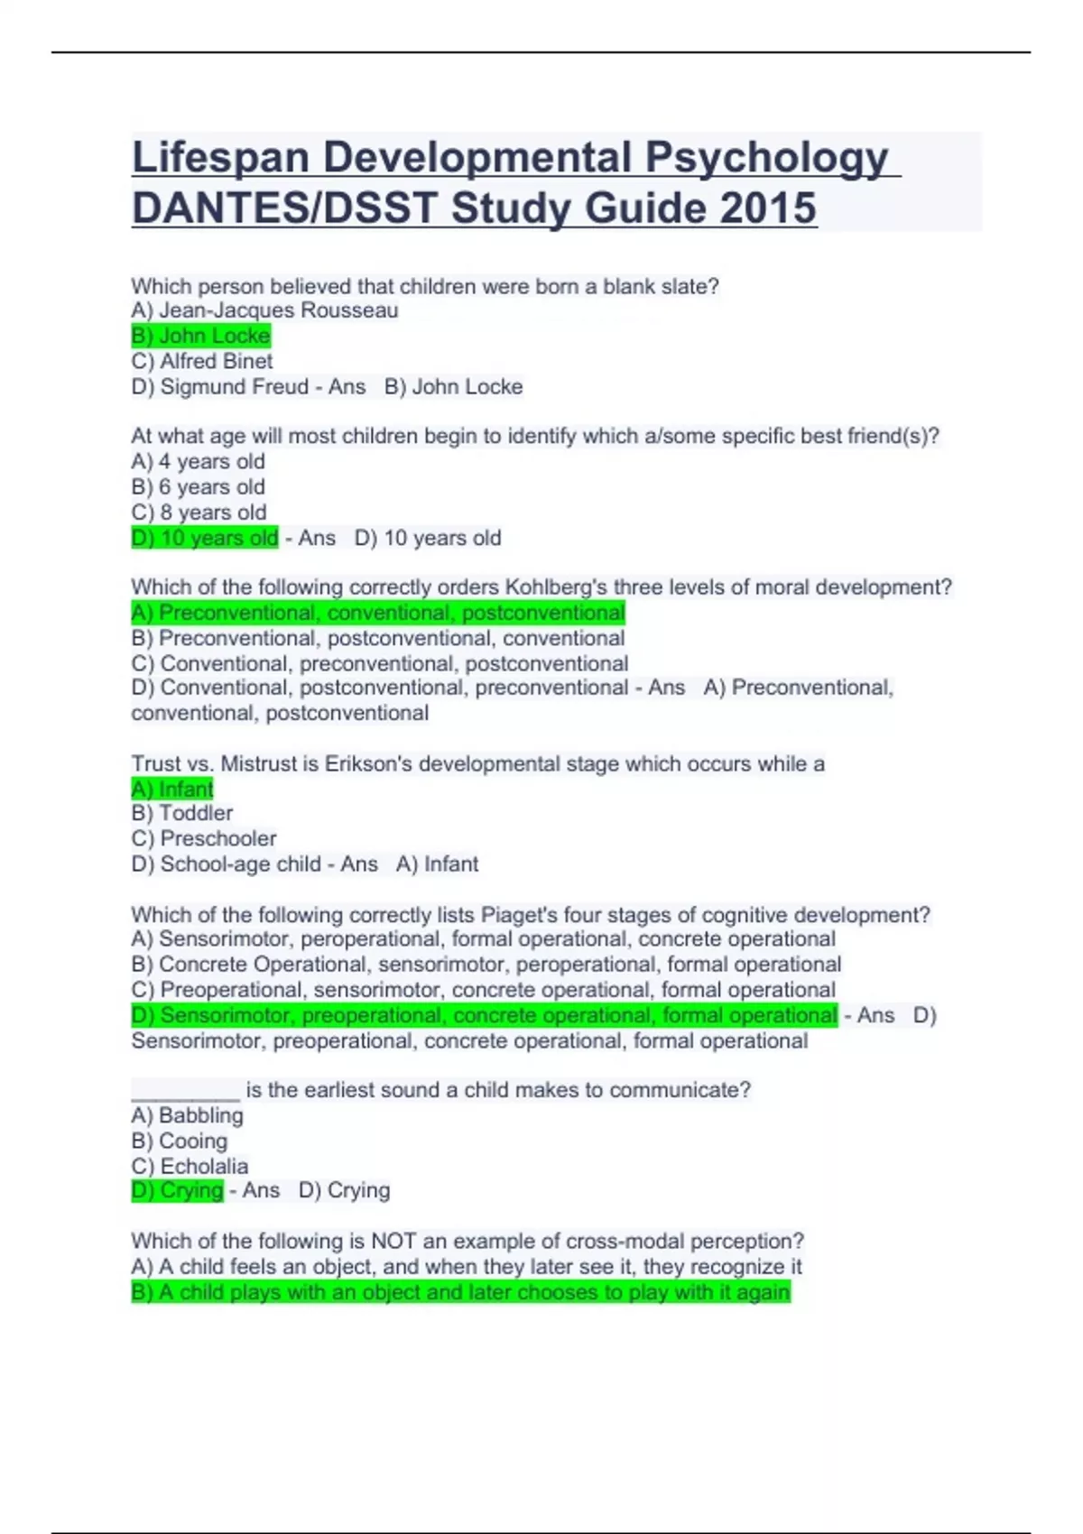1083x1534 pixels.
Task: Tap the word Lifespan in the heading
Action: point(221,157)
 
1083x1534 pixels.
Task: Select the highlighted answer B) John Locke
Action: point(200,336)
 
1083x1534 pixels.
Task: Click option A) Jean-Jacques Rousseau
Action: point(264,310)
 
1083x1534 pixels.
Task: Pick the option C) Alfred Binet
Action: point(202,361)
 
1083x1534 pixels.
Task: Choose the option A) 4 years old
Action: point(199,461)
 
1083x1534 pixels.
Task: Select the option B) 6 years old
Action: point(199,486)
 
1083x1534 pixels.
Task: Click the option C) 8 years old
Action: point(199,512)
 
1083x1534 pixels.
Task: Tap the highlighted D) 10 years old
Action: point(205,538)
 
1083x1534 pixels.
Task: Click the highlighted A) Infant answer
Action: point(172,789)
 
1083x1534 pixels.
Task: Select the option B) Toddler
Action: point(182,813)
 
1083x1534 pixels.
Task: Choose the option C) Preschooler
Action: point(204,838)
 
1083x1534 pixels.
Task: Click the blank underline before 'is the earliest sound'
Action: point(185,1092)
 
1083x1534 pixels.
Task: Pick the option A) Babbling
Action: point(188,1115)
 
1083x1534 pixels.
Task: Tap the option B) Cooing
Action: point(180,1141)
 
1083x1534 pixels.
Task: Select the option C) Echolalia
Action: point(190,1166)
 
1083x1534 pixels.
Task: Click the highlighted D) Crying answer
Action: point(177,1190)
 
